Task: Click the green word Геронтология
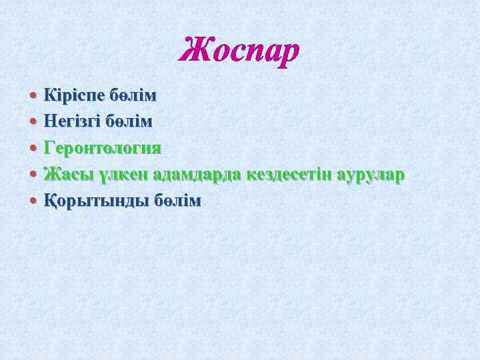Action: click(103, 147)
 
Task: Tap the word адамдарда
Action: click(197, 175)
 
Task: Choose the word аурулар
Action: click(371, 175)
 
